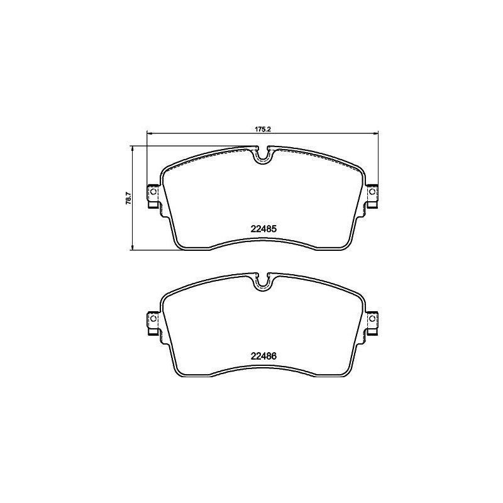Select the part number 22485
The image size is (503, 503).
264,230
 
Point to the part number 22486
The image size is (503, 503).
264,355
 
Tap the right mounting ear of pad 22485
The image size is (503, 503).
372,196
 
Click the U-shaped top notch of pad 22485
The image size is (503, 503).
263,155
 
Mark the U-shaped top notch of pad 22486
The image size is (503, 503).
263,281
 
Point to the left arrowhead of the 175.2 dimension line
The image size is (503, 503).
149,133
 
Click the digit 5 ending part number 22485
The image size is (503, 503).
275,230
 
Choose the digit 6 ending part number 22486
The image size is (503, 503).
275,355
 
